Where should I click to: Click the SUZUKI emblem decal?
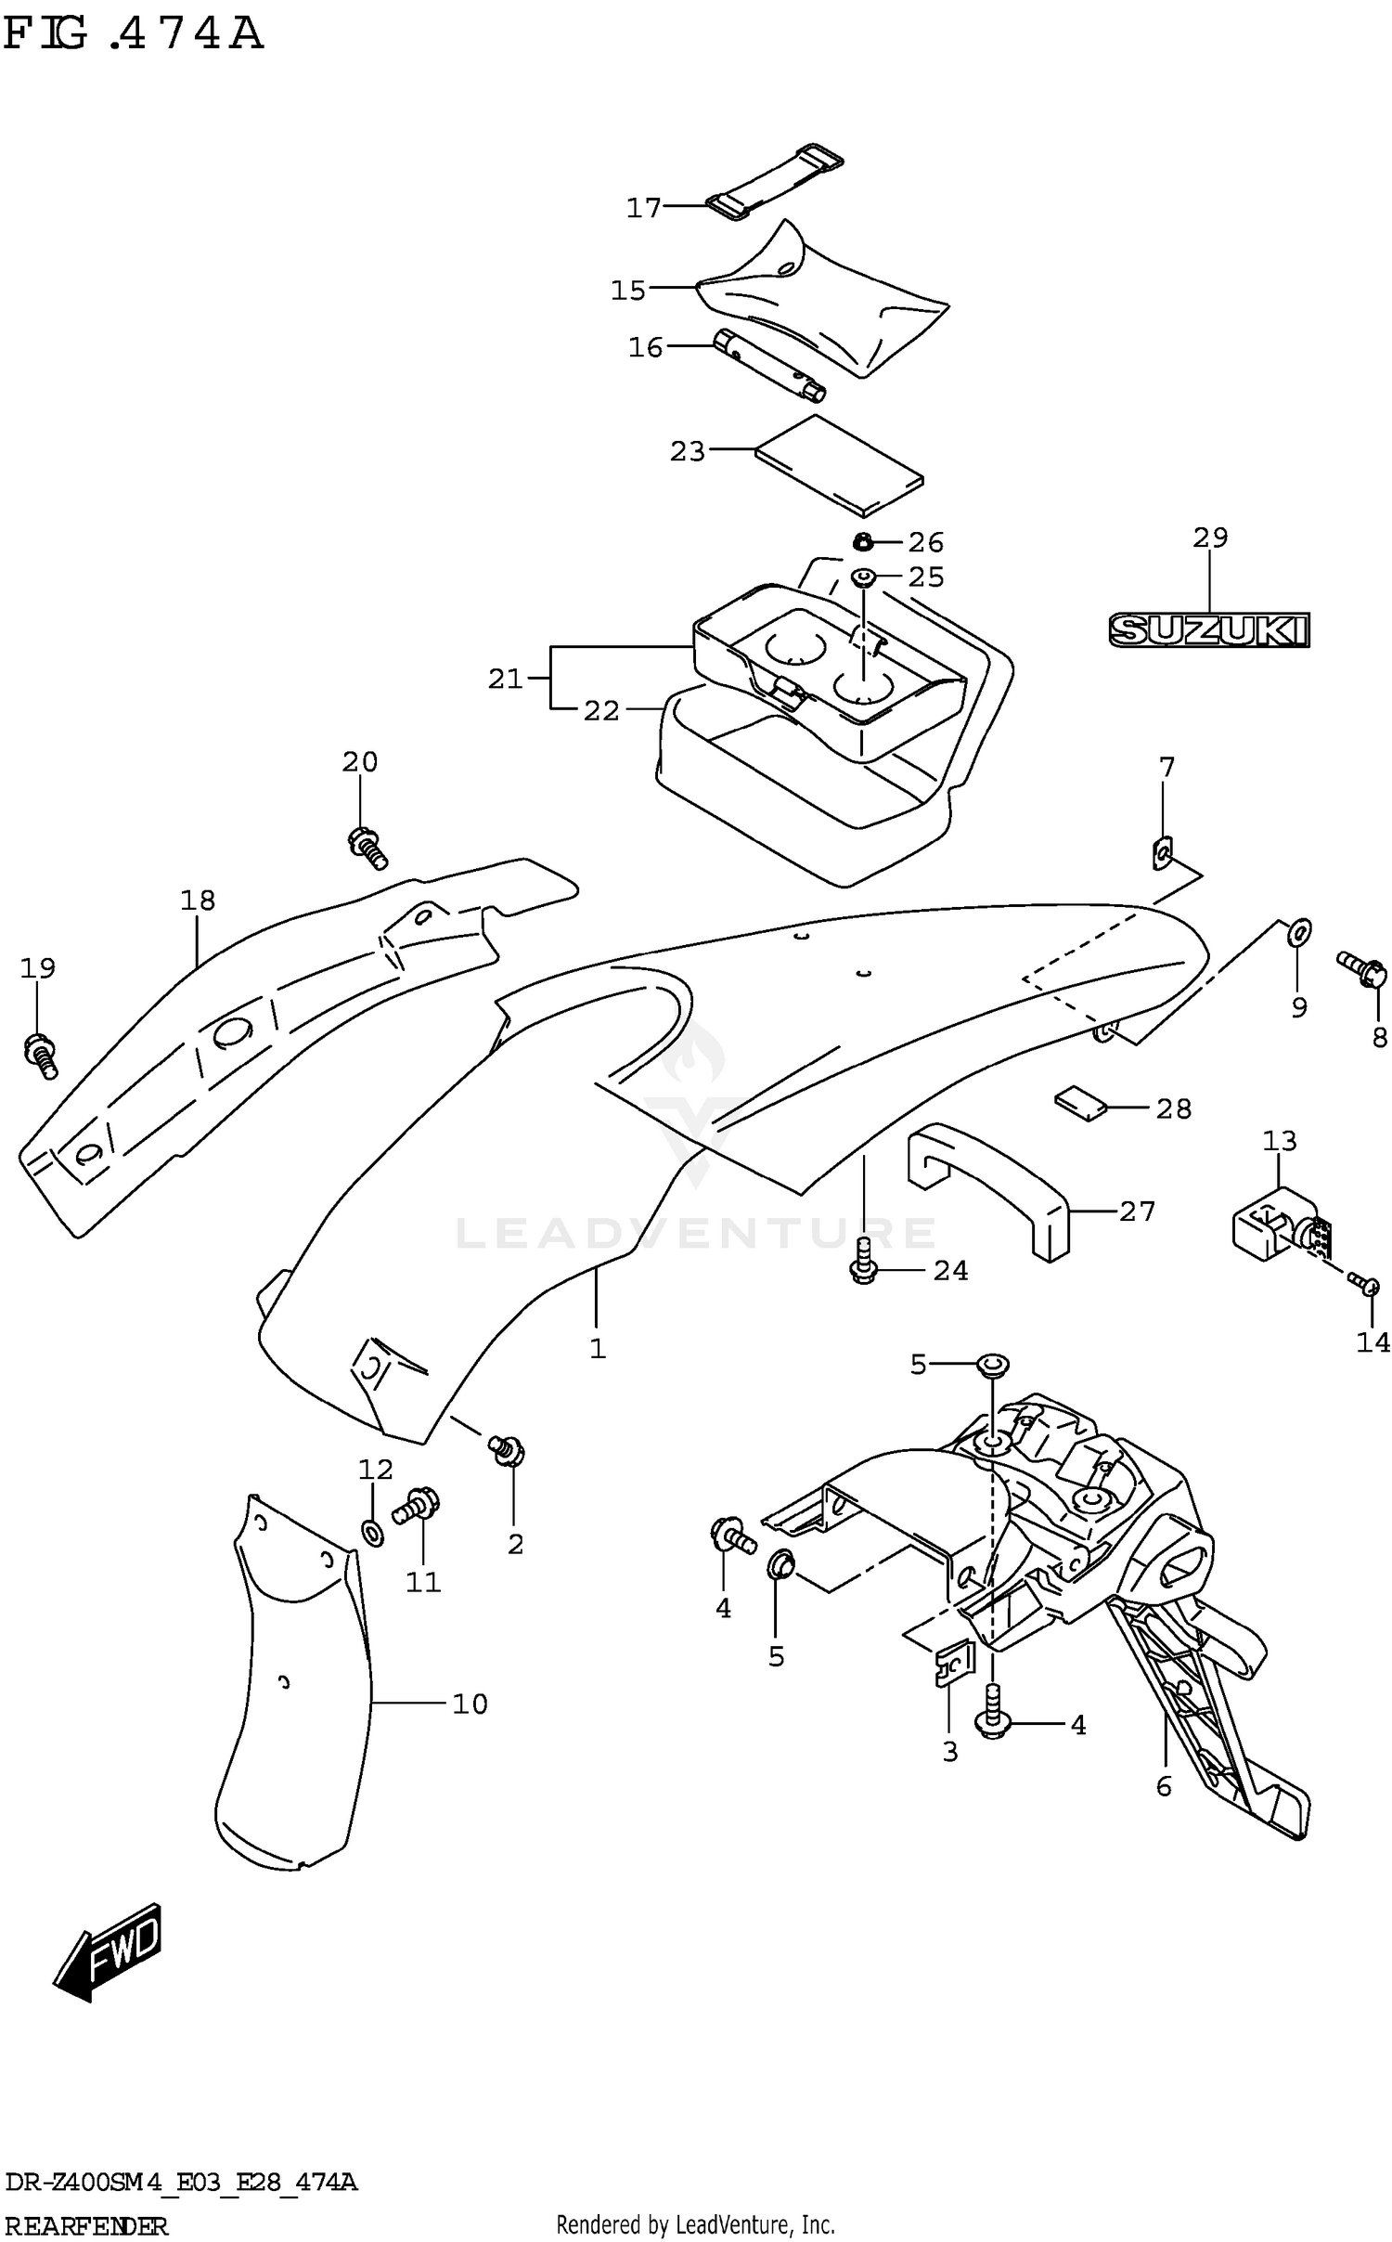pos(1208,630)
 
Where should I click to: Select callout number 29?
pos(1210,538)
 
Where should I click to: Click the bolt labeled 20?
pos(367,847)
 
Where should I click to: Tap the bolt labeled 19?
pos(40,1055)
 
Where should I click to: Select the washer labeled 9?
pos(1299,929)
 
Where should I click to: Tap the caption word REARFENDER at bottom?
pos(86,2225)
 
